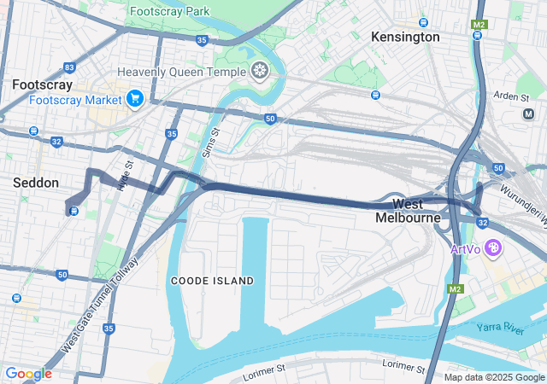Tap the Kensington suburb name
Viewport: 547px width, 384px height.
(x=405, y=37)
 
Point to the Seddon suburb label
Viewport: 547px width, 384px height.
(x=36, y=183)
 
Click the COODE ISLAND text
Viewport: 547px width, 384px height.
(x=212, y=281)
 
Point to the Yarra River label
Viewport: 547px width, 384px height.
(x=502, y=329)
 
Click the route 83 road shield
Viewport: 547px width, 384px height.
(x=69, y=67)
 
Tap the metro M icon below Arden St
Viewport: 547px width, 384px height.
(x=527, y=113)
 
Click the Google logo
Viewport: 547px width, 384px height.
(x=28, y=374)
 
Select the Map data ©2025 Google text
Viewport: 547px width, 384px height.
(x=493, y=377)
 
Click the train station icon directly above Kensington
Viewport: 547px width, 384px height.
(x=422, y=21)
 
